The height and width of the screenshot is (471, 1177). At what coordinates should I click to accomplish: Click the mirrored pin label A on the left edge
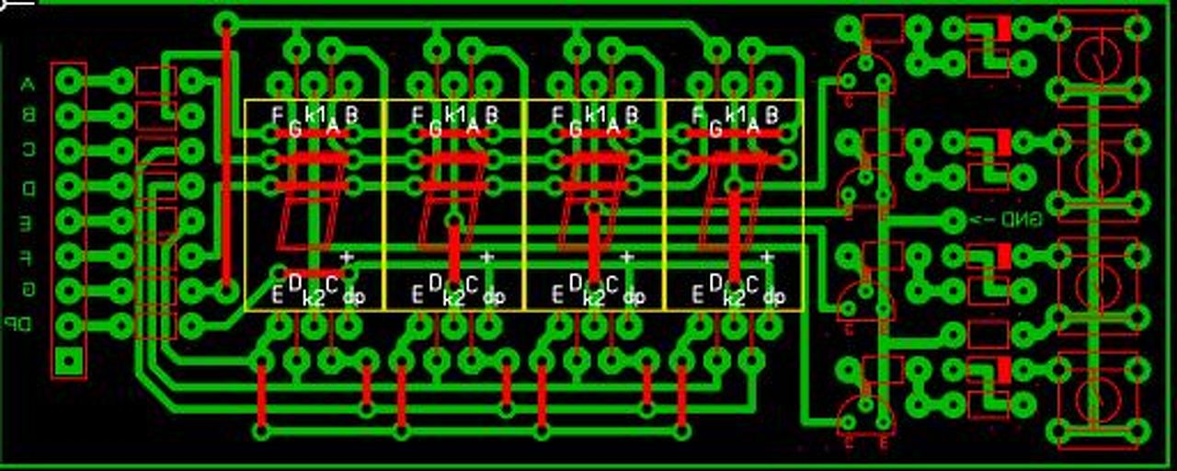coord(27,85)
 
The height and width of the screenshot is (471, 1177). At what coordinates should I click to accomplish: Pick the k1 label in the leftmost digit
coord(315,115)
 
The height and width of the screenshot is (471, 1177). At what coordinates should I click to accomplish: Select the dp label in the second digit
coord(494,297)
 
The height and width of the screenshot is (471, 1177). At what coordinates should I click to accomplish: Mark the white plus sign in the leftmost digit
coord(347,258)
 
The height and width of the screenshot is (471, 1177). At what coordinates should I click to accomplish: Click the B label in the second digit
coord(492,115)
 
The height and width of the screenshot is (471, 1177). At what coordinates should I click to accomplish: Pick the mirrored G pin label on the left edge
coord(28,290)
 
